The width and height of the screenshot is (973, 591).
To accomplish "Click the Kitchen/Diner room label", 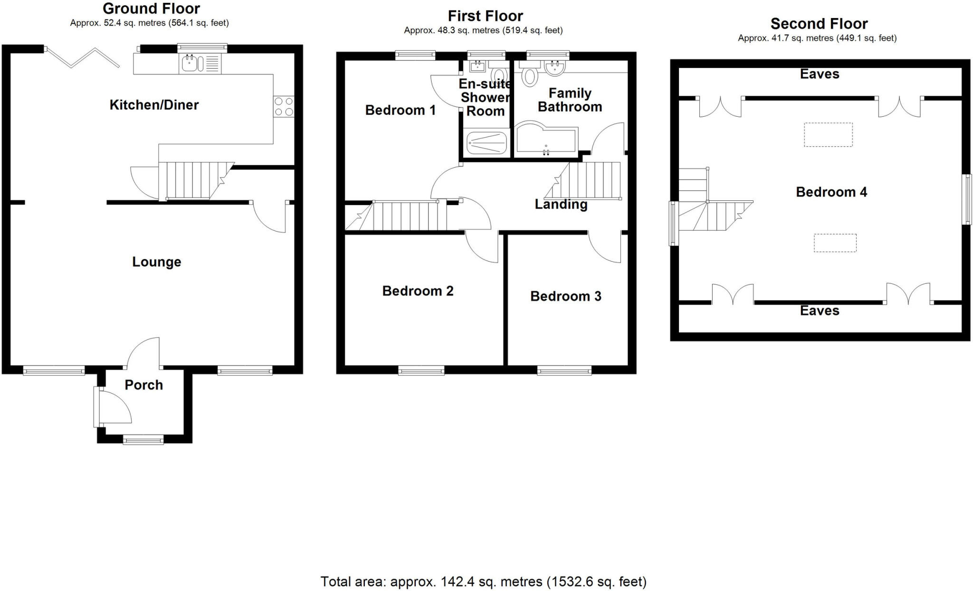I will tap(154, 105).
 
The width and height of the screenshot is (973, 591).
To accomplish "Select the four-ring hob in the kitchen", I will tap(284, 106).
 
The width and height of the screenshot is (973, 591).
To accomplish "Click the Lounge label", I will tap(156, 262).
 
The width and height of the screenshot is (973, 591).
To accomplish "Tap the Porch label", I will tap(143, 385).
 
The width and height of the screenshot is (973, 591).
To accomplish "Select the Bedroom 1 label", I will tap(400, 110).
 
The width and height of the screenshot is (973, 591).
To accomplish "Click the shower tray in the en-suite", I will tap(486, 142).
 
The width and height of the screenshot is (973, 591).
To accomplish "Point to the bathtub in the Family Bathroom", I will tap(545, 141).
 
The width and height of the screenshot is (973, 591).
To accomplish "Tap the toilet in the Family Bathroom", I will tap(529, 76).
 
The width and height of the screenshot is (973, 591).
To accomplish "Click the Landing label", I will tap(561, 205).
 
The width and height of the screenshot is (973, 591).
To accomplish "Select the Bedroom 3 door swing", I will tap(605, 246).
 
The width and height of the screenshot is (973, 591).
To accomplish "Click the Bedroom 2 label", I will tap(418, 291).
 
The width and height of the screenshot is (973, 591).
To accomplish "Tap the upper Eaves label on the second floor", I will tap(820, 74).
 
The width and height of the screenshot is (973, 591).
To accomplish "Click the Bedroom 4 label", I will tap(831, 192).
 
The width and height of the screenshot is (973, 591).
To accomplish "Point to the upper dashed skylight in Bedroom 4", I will tap(828, 134).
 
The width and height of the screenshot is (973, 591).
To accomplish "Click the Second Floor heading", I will tap(819, 24).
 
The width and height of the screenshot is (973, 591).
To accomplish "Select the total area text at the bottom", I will tap(483, 582).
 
